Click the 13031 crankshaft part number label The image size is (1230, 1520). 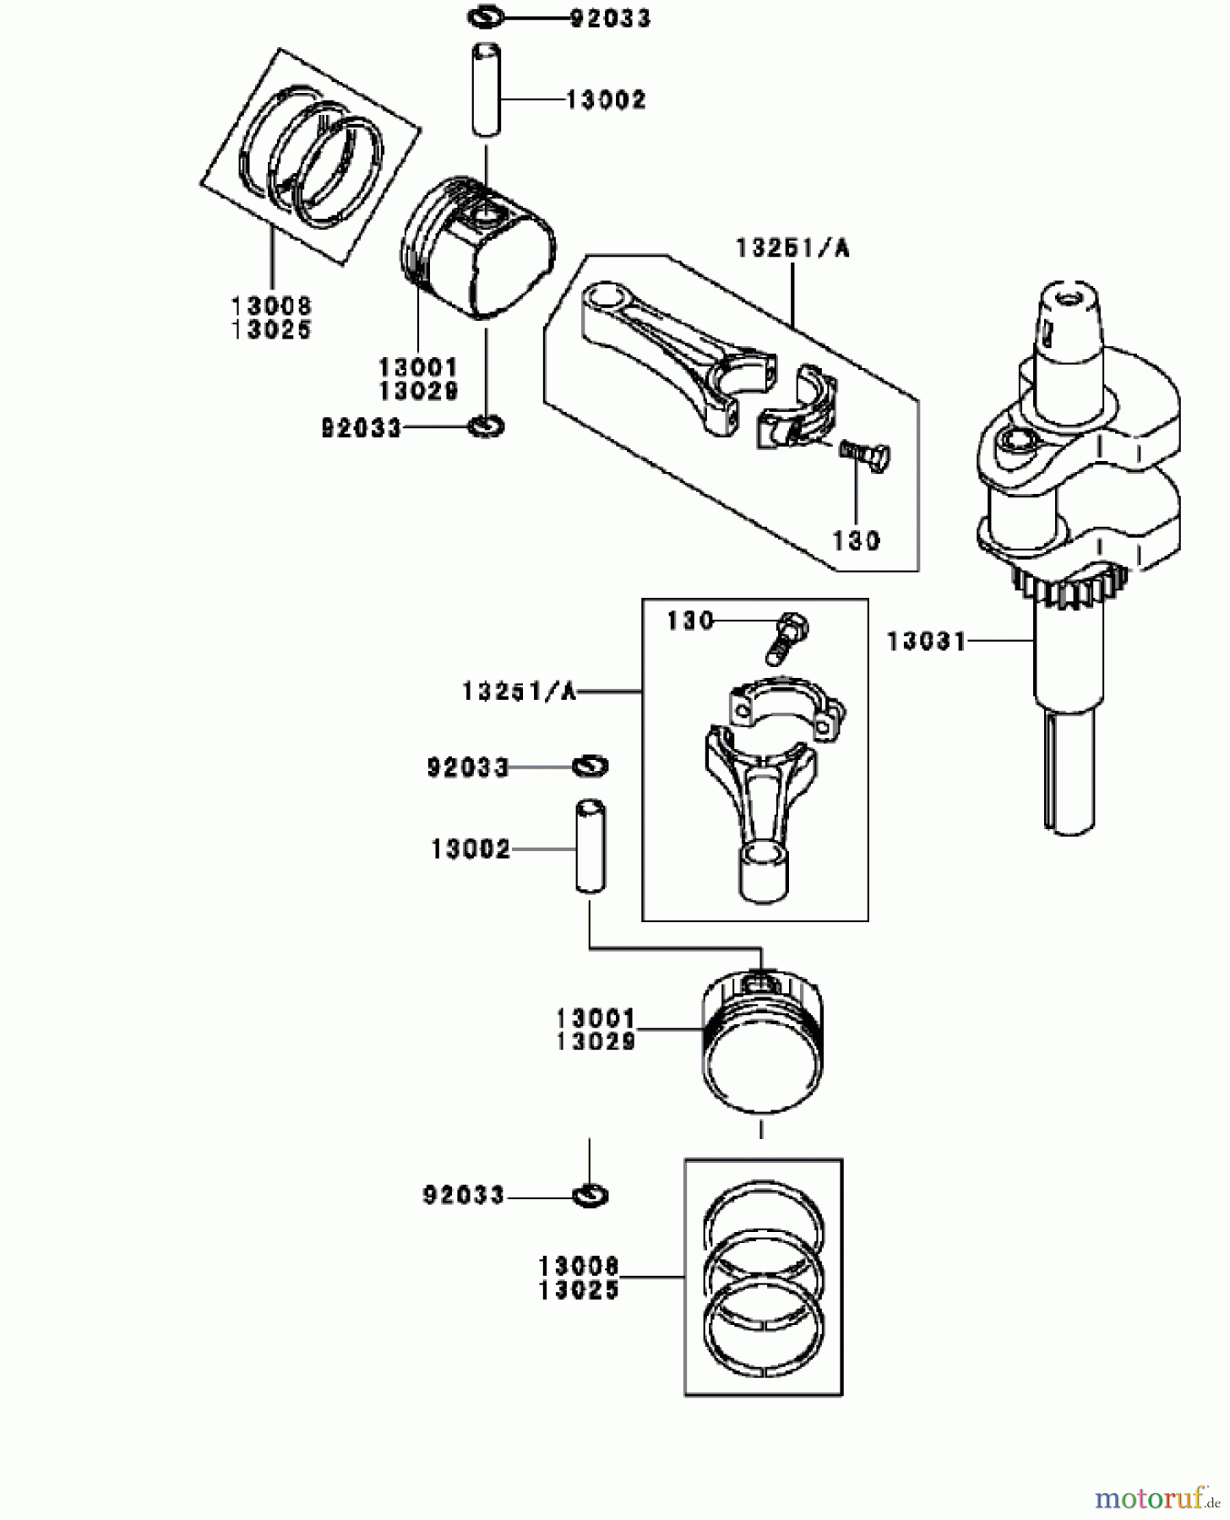pyautogui.click(x=926, y=642)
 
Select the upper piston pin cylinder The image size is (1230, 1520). pyautogui.click(x=486, y=89)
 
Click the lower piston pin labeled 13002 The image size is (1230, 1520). pyautogui.click(x=591, y=847)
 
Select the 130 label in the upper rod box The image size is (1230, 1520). pyautogui.click(x=856, y=540)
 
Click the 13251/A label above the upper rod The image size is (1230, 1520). pyautogui.click(x=792, y=248)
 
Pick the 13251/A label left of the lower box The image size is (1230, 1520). pyautogui.click(x=519, y=692)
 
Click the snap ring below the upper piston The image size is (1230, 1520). pyautogui.click(x=486, y=426)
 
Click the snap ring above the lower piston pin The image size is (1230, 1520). pyautogui.click(x=591, y=766)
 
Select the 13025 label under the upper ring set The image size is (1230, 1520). pyautogui.click(x=271, y=330)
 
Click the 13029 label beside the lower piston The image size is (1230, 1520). pyautogui.click(x=596, y=1042)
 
